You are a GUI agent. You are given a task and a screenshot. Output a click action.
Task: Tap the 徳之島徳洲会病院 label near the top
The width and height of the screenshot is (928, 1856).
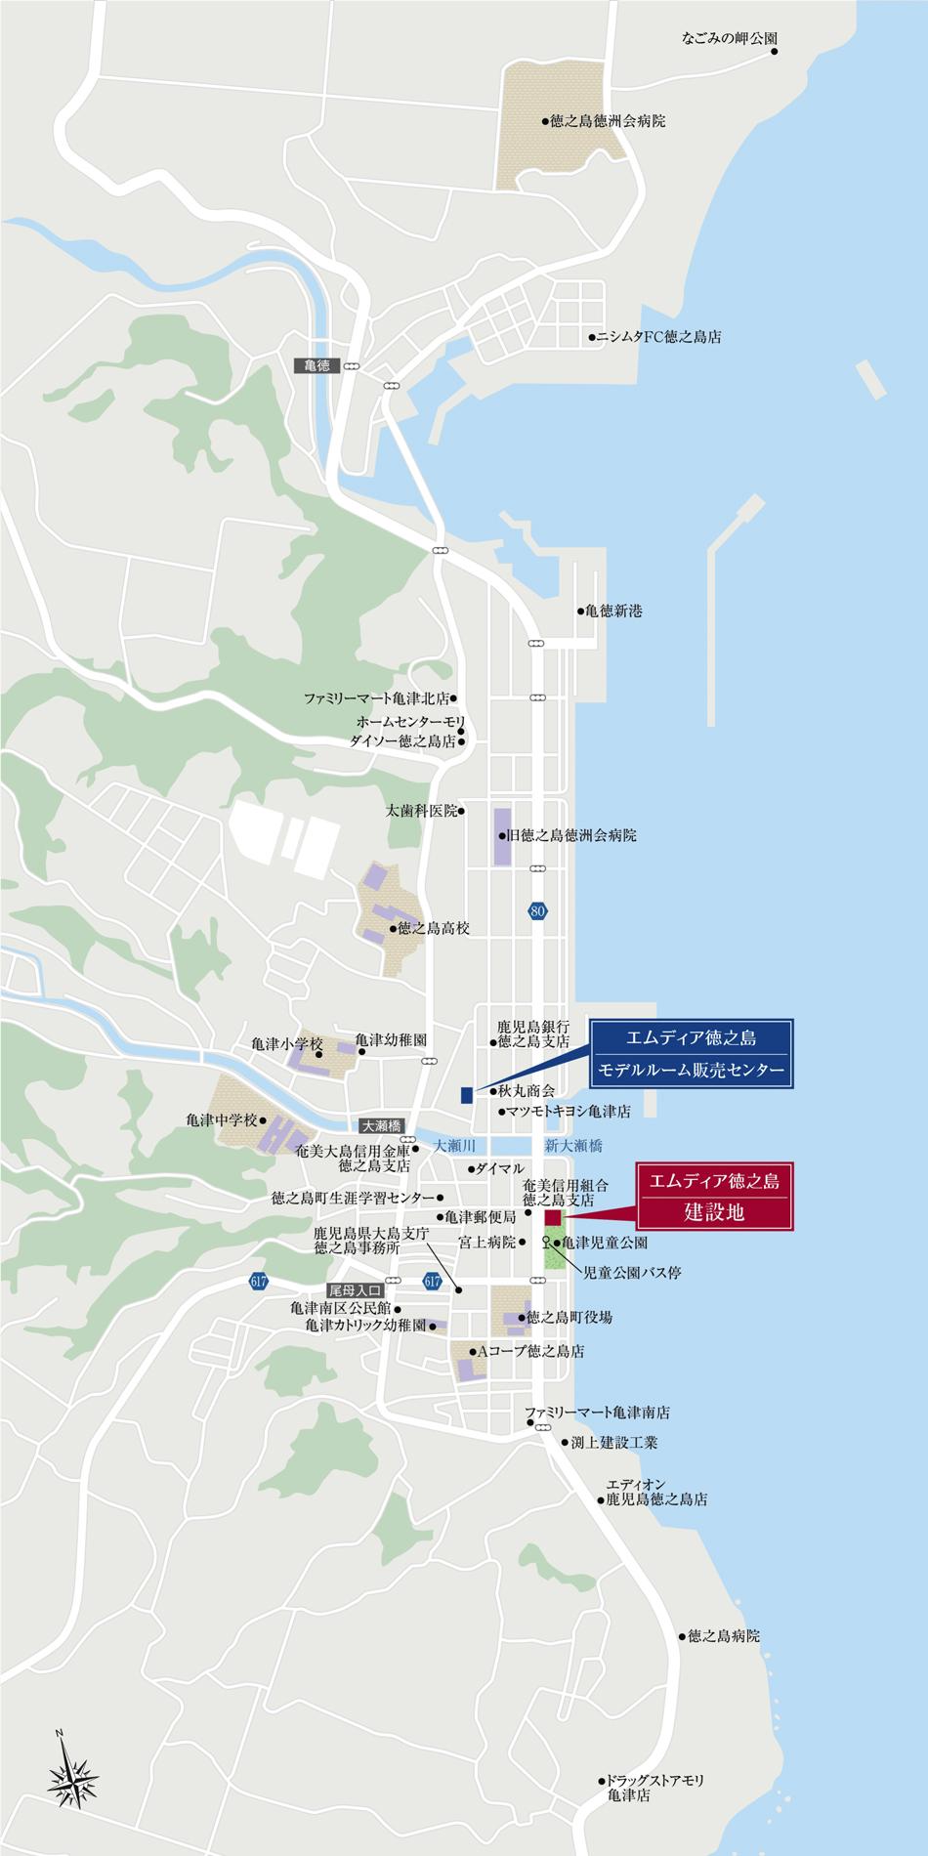tap(607, 122)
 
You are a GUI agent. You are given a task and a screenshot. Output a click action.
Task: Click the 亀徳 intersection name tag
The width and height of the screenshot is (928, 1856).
tap(316, 365)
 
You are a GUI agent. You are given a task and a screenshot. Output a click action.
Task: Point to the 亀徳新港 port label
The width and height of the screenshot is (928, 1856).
tap(613, 612)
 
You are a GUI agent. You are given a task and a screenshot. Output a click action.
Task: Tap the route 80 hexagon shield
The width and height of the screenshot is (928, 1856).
tap(536, 911)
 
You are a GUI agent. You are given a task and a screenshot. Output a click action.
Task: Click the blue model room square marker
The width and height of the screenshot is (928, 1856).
tap(467, 1094)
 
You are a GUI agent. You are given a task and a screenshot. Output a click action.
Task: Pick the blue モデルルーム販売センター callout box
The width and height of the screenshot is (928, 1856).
tap(691, 1054)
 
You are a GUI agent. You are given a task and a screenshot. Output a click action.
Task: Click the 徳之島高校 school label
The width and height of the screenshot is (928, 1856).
tap(434, 929)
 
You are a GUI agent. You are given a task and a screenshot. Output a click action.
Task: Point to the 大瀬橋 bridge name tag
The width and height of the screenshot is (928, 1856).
tap(380, 1126)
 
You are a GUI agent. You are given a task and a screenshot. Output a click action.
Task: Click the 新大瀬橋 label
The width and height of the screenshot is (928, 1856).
tap(573, 1145)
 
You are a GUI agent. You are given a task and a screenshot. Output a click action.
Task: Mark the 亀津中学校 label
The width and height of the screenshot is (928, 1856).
tap(221, 1120)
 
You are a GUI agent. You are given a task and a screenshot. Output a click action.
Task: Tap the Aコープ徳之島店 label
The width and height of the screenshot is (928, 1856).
tap(528, 1352)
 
